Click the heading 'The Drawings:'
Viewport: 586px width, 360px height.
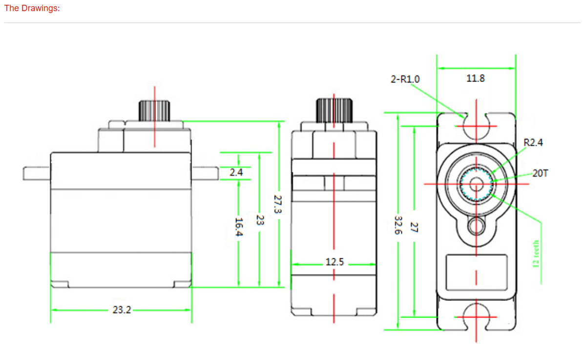32,8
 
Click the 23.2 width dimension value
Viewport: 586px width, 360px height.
122,310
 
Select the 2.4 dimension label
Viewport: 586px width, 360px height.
236,172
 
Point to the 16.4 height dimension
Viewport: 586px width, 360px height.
239,226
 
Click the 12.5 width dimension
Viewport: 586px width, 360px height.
335,262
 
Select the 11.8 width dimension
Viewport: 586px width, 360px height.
476,78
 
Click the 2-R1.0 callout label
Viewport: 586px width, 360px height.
405,79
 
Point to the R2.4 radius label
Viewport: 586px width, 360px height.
533,143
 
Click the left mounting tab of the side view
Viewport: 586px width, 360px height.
36,173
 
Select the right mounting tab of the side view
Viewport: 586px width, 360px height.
205,173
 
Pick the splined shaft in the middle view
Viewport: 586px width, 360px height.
335,110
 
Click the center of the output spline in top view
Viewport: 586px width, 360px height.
476,184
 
